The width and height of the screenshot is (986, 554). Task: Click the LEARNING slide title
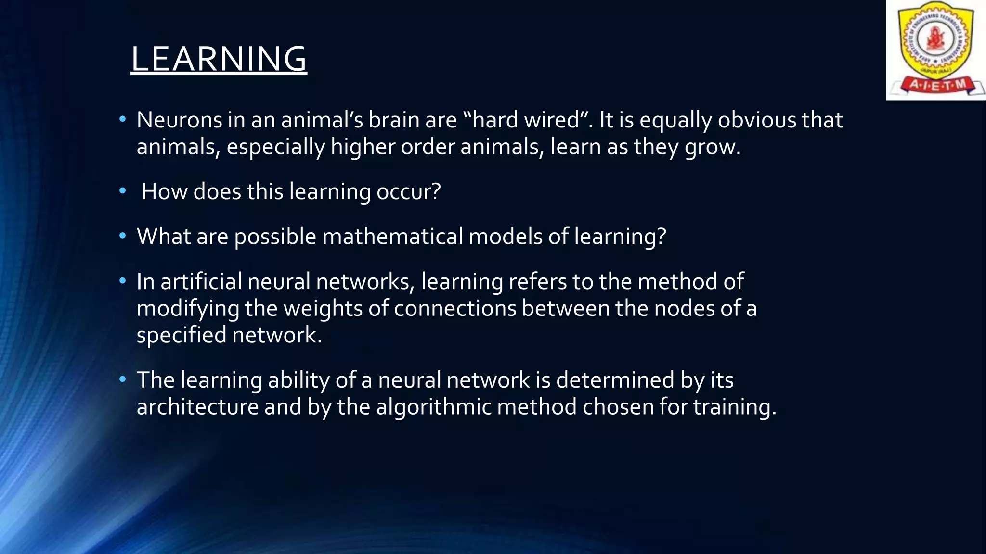(x=219, y=59)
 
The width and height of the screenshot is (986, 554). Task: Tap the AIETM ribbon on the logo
(x=936, y=85)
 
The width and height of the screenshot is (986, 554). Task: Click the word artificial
(x=201, y=281)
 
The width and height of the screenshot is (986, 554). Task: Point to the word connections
(x=454, y=308)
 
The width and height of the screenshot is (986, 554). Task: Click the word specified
(x=181, y=335)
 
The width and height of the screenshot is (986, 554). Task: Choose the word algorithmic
(x=433, y=407)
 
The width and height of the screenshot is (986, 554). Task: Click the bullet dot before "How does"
(x=123, y=191)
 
